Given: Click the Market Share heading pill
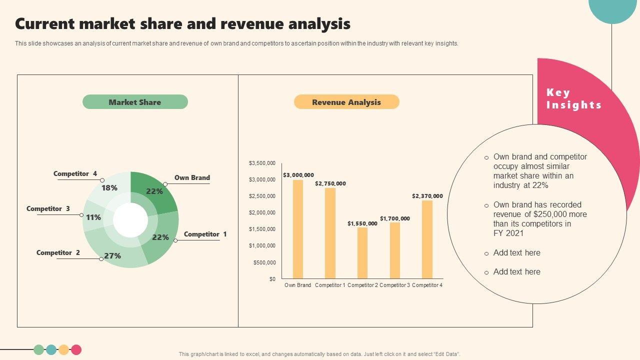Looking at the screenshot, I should [x=135, y=102].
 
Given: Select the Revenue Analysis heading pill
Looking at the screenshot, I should [x=346, y=102].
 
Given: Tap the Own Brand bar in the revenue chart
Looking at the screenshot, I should [x=298, y=229].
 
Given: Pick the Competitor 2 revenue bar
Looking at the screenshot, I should [x=362, y=253].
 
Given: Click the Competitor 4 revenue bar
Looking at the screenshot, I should [x=427, y=239].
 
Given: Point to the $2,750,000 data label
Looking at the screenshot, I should [x=330, y=183].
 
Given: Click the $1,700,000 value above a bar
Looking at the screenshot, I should [x=395, y=218].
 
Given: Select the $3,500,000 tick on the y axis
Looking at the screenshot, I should [x=262, y=163].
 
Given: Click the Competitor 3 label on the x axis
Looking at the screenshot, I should [x=395, y=285].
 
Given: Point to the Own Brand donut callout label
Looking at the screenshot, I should [x=192, y=177].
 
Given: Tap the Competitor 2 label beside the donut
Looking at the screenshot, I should [x=58, y=253].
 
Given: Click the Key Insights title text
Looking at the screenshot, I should [x=573, y=98].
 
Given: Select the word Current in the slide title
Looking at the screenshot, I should [x=44, y=24].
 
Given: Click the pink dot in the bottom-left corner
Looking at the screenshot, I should [x=76, y=350].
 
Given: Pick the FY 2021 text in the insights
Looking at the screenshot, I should [x=508, y=233].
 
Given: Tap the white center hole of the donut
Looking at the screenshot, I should [x=130, y=220].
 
